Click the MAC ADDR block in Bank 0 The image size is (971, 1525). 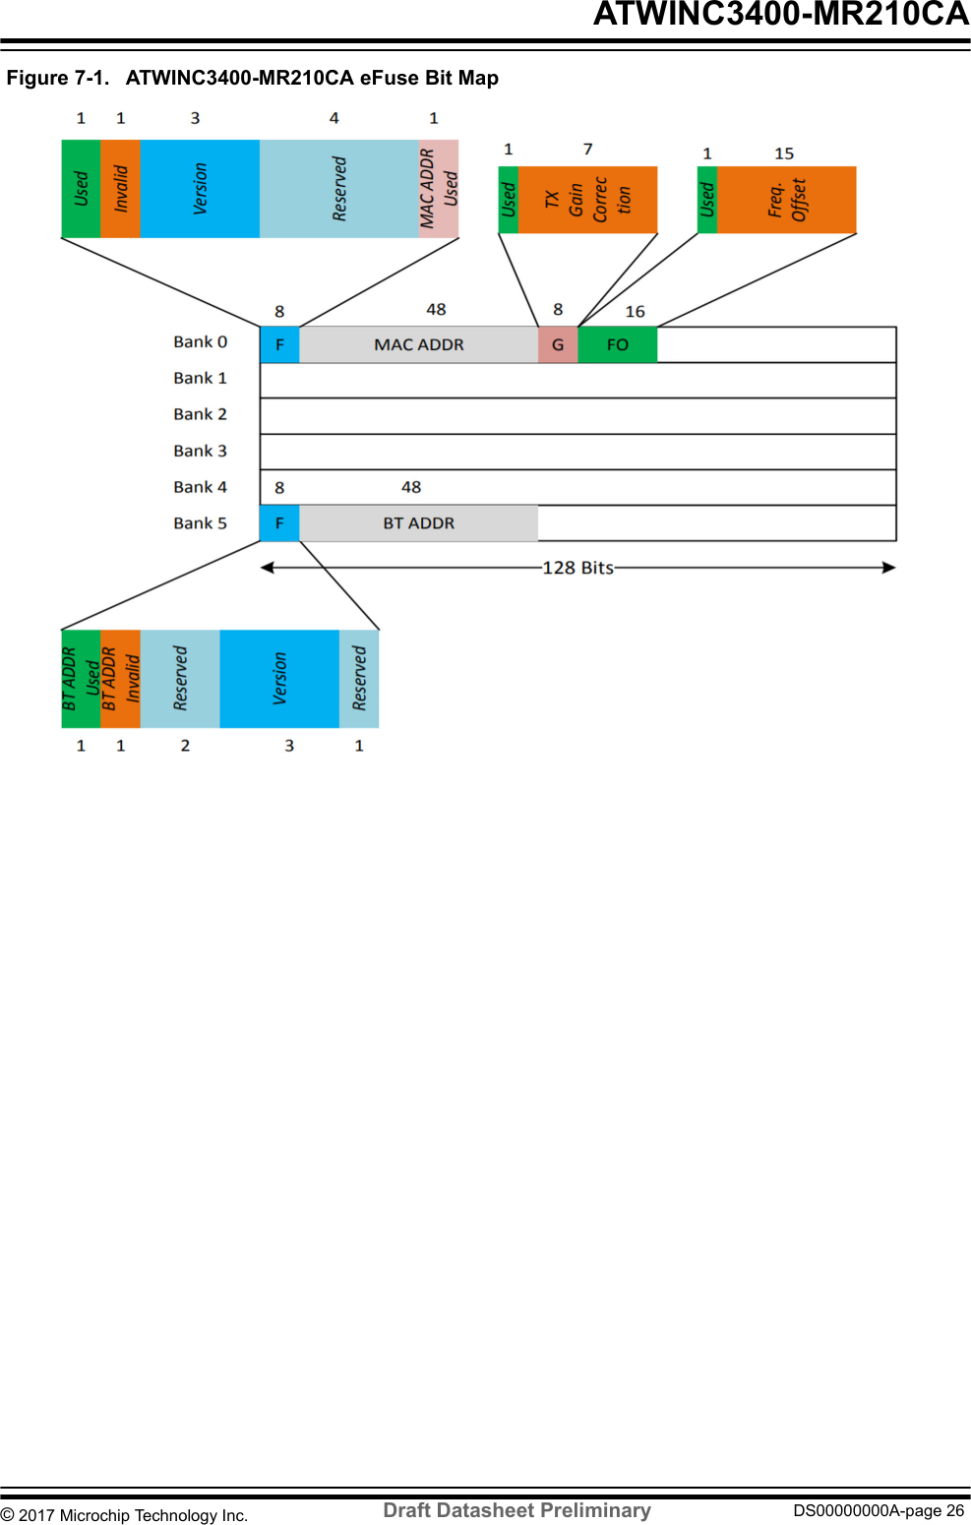[x=418, y=344]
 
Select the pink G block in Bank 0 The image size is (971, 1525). [x=558, y=344]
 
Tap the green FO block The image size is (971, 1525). [x=617, y=344]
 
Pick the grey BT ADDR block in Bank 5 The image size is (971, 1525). [x=418, y=523]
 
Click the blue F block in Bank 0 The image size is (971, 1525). [x=279, y=344]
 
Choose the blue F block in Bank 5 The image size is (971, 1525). [x=279, y=523]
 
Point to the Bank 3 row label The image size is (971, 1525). [x=200, y=451]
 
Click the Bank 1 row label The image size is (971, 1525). [x=200, y=378]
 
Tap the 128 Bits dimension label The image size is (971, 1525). [x=577, y=568]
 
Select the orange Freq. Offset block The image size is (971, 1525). [x=786, y=200]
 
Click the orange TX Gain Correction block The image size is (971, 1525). [x=587, y=200]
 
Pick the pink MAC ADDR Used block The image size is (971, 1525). [x=439, y=189]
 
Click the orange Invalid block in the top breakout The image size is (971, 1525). [x=121, y=189]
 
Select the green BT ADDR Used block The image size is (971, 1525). [x=81, y=679]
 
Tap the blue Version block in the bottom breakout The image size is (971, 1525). [x=279, y=679]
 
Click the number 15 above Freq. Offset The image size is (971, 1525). [x=784, y=153]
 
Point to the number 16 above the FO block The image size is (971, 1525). [x=636, y=311]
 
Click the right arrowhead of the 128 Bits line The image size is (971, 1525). [x=888, y=568]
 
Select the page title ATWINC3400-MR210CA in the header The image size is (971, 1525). [x=781, y=15]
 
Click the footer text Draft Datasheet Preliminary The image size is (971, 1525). [x=516, y=1510]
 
